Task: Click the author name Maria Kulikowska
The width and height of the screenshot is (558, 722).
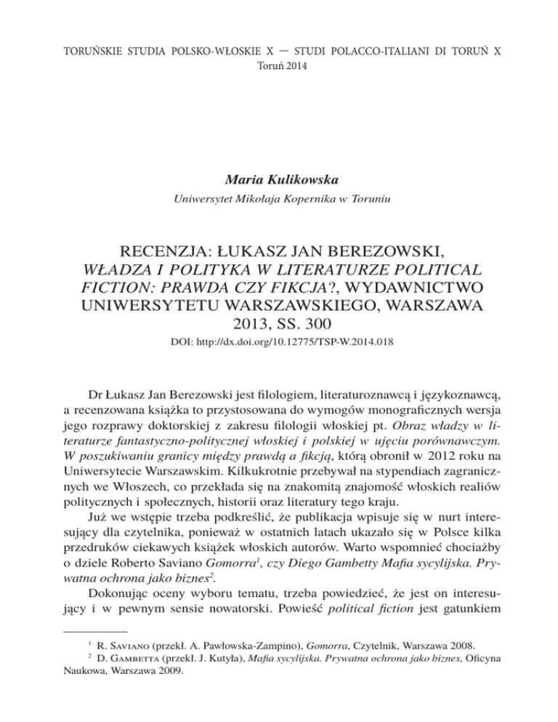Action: (x=278, y=175)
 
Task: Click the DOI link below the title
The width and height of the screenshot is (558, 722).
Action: (x=278, y=338)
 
